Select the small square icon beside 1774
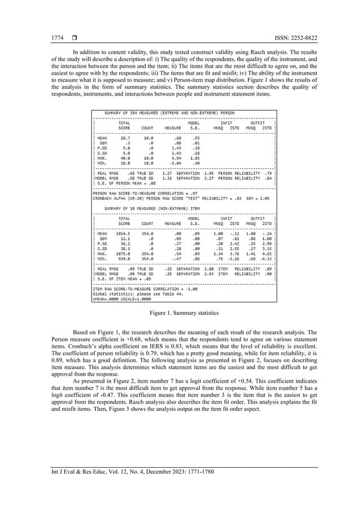click(x=73, y=38)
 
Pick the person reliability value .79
click(x=269, y=174)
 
